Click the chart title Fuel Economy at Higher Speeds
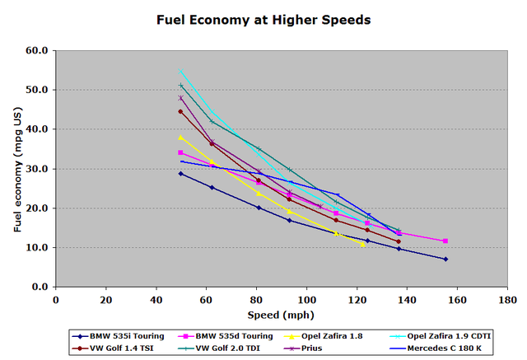263,18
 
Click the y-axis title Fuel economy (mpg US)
17,169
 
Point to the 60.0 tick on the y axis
38,50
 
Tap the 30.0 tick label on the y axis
38,169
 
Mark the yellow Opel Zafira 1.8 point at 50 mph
180,137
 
